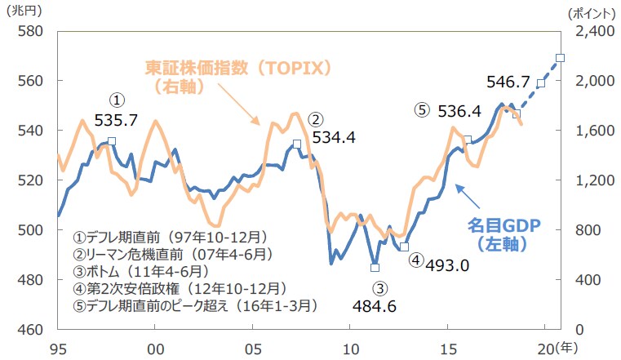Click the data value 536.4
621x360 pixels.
[459, 110]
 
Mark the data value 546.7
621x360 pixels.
[508, 82]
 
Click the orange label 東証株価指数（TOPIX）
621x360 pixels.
[238, 68]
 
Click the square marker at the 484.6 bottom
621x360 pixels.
[375, 267]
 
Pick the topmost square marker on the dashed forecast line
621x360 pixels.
[560, 58]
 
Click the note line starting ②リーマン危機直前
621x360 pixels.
[171, 254]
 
